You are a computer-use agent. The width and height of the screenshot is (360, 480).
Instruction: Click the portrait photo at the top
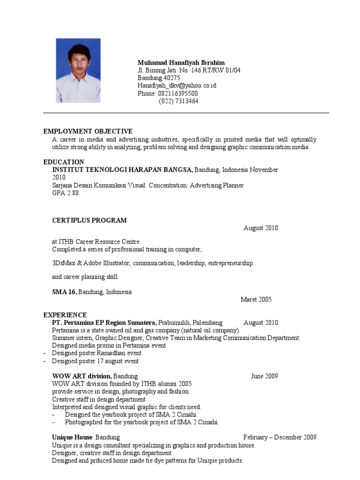[78, 70]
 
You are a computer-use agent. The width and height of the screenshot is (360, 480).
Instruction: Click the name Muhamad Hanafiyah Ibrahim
[181, 63]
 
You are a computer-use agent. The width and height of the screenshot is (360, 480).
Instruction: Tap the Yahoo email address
[177, 86]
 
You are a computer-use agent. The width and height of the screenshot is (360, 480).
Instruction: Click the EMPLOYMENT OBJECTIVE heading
[88, 131]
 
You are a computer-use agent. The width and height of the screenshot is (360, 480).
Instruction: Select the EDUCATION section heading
[64, 162]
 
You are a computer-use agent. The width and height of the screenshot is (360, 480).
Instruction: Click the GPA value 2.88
[72, 193]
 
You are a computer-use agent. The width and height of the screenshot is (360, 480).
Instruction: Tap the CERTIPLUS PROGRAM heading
[89, 220]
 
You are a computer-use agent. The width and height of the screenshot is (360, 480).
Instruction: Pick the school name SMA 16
[64, 292]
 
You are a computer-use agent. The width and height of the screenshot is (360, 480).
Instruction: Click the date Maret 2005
[256, 300]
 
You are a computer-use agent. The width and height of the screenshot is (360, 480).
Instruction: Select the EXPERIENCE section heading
[65, 315]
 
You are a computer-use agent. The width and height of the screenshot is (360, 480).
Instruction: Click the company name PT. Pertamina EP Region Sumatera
[104, 323]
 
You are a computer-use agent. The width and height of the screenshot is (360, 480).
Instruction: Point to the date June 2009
[264, 376]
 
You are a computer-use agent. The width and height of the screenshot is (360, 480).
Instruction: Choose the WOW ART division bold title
[82, 376]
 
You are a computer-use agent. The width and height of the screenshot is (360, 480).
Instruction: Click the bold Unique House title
[72, 437]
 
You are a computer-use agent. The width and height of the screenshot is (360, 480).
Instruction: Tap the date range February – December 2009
[279, 437]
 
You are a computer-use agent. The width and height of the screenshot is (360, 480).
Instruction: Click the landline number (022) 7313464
[179, 101]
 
